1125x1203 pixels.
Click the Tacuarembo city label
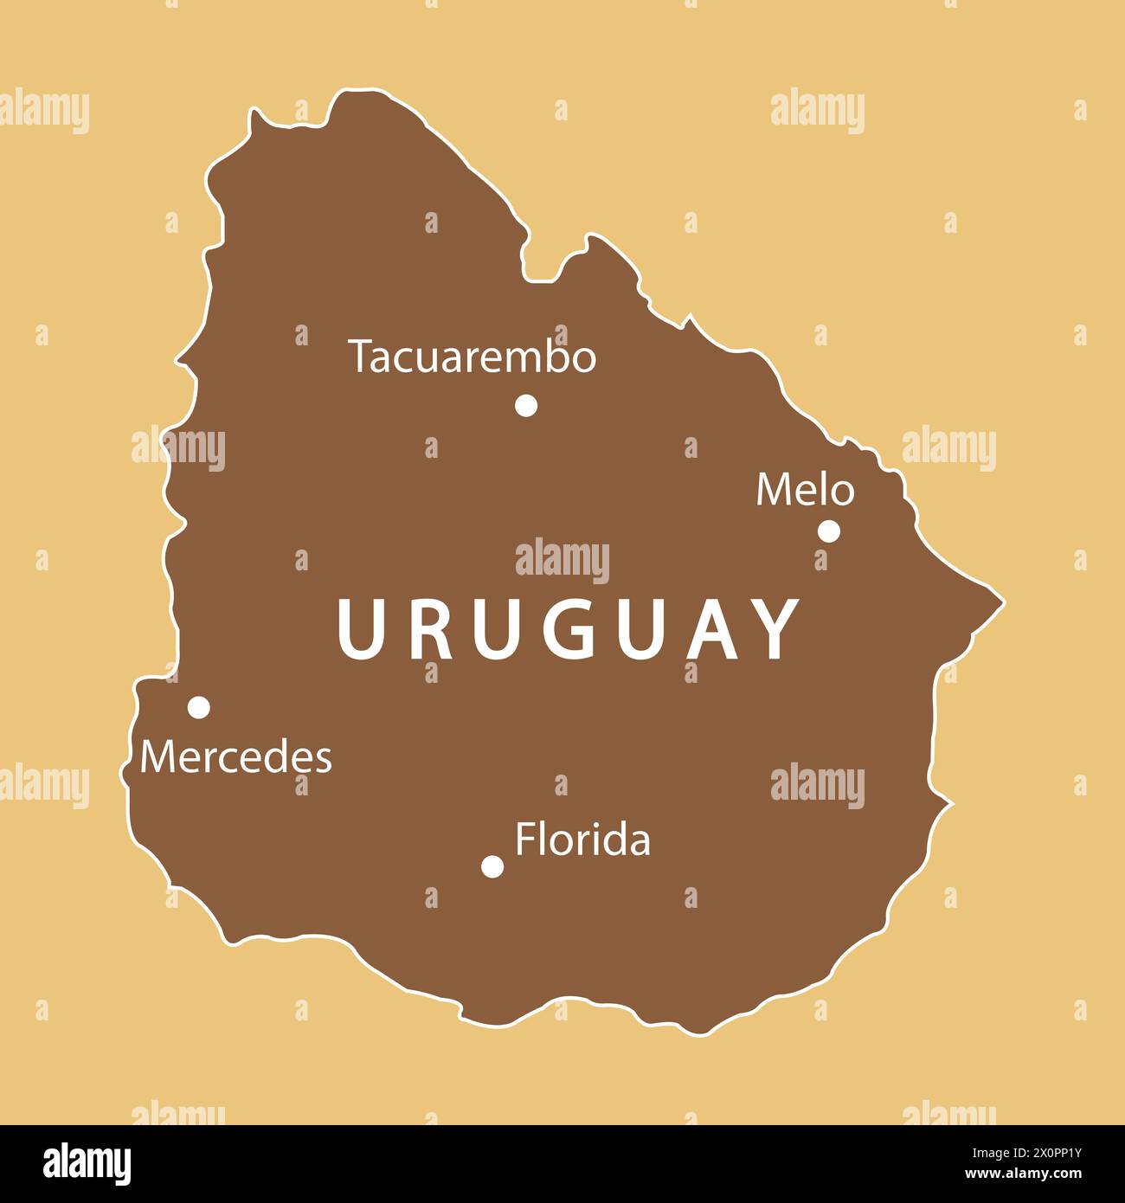click(472, 357)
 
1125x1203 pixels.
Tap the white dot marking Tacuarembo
click(526, 405)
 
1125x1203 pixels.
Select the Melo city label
click(805, 491)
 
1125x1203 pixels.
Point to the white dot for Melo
click(829, 531)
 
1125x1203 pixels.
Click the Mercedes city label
click(235, 757)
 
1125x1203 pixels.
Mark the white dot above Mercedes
click(199, 707)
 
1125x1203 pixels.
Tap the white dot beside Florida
click(492, 866)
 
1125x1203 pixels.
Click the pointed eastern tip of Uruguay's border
click(1002, 599)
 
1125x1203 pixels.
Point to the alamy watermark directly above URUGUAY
click(562, 560)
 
